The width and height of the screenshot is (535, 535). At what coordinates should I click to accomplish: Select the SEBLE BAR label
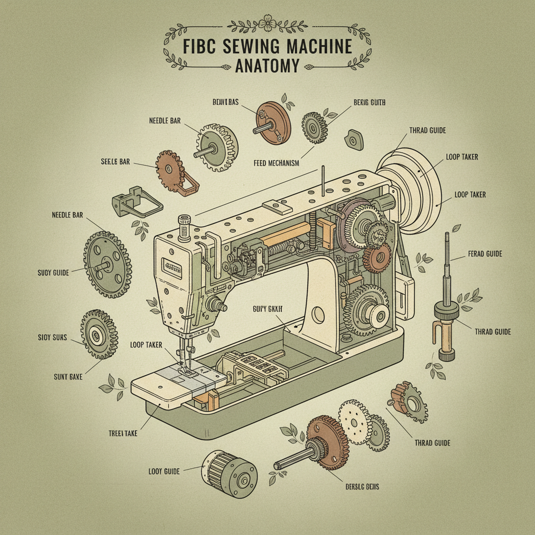pyautogui.click(x=115, y=162)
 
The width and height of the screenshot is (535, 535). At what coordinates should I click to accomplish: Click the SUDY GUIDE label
pyautogui.click(x=53, y=272)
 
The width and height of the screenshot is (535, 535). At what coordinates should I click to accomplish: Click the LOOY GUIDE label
pyautogui.click(x=164, y=471)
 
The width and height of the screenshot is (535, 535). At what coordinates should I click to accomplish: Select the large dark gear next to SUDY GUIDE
pyautogui.click(x=107, y=265)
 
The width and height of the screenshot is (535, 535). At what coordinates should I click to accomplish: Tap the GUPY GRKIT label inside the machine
pyautogui.click(x=266, y=309)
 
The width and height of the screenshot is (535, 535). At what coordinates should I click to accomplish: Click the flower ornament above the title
pyautogui.click(x=267, y=27)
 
